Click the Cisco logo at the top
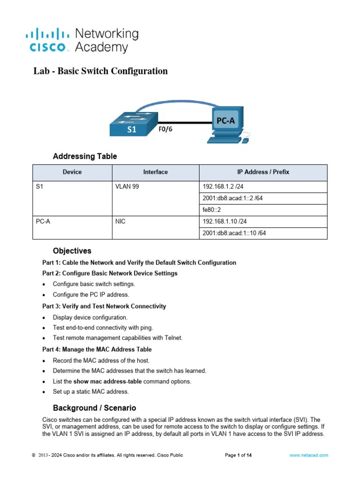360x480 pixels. coord(82,40)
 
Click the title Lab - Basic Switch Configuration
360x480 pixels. coord(100,71)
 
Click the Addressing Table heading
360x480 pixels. coord(85,156)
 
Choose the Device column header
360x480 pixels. coord(72,172)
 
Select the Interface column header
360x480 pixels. coord(155,172)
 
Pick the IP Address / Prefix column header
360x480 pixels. coord(263,172)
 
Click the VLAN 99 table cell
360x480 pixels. coord(127,186)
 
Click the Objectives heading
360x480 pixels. coord(72,251)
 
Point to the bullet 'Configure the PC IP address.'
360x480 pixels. coord(91,295)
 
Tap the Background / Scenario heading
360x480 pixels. coord(94,408)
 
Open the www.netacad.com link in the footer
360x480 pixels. coord(308,455)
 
